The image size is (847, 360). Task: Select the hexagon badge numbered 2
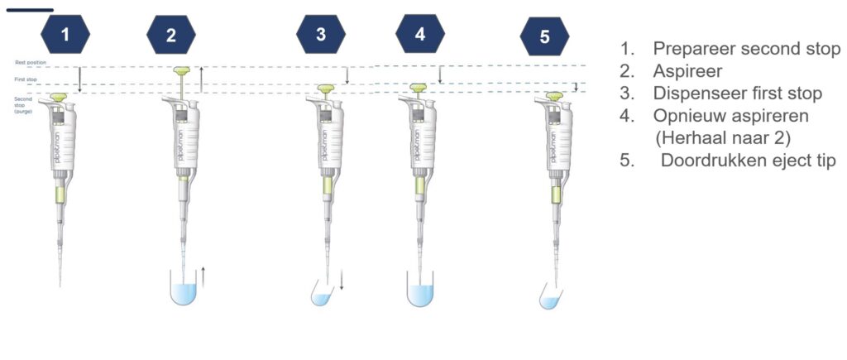171,35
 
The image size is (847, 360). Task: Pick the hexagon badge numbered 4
420,34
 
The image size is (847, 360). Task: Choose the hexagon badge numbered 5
544,36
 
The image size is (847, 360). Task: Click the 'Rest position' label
31,63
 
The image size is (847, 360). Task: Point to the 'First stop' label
26,80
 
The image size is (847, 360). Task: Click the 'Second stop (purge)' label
24,104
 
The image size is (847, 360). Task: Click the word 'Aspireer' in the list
687,71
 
